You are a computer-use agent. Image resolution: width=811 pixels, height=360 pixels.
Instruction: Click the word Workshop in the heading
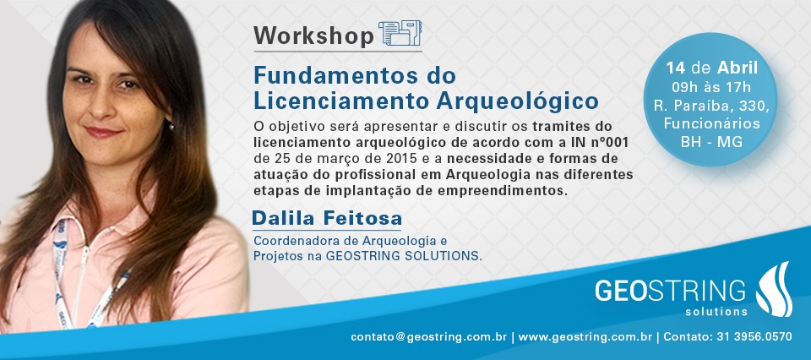[313, 35]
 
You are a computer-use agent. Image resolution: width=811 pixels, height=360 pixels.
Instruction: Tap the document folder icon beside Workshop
[400, 34]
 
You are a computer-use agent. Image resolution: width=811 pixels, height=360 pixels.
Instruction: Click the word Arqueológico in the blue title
[517, 101]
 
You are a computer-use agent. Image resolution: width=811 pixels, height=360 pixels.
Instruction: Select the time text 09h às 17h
[711, 86]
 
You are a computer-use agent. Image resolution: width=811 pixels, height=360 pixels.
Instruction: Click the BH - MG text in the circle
[711, 142]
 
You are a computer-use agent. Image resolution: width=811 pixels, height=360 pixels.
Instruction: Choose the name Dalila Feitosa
[326, 218]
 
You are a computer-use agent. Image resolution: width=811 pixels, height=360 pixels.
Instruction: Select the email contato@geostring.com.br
[428, 336]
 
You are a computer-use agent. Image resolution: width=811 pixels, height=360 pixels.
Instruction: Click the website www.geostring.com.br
[585, 336]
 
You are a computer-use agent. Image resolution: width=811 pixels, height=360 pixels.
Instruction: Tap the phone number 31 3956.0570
[754, 336]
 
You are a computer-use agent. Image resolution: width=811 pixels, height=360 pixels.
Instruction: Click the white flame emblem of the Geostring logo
[775, 289]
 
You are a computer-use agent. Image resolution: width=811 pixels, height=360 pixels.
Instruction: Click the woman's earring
[171, 126]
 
